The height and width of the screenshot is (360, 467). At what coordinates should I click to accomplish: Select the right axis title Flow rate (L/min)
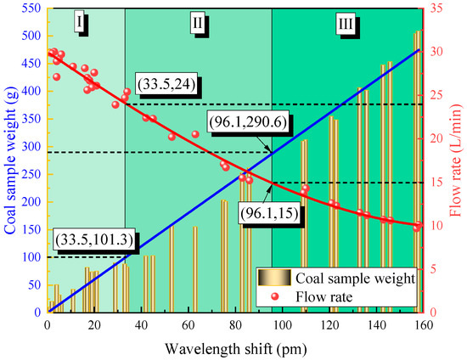457,157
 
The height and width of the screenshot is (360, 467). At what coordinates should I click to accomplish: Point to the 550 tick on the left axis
31,8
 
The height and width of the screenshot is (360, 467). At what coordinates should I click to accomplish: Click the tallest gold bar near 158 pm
417,170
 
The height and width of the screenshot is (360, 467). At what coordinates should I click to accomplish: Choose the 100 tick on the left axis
31,257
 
